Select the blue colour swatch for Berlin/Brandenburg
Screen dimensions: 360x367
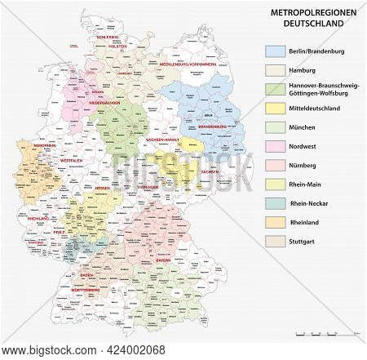pyautogui.click(x=275, y=50)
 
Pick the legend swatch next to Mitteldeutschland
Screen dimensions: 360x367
pyautogui.click(x=275, y=107)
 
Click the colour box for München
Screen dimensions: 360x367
pyautogui.click(x=275, y=128)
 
